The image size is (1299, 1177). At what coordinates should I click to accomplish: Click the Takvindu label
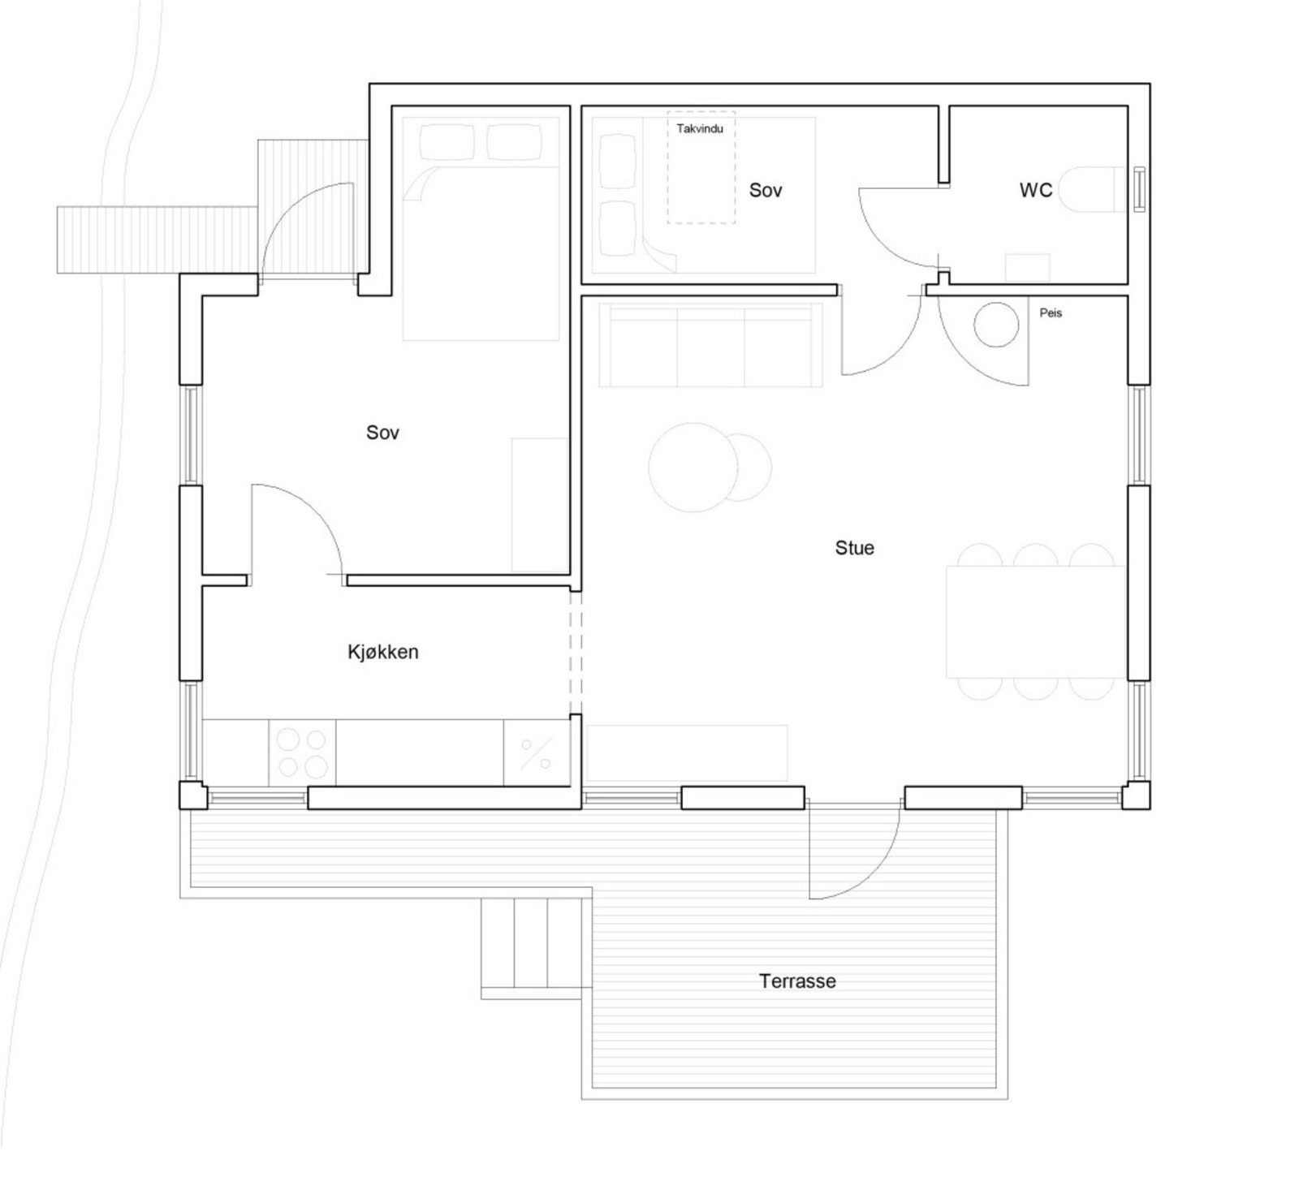click(x=699, y=128)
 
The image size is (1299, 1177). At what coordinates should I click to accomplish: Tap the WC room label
click(x=1035, y=190)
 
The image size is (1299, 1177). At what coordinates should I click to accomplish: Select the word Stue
click(x=854, y=548)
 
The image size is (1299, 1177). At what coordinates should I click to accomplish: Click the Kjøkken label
click(x=382, y=652)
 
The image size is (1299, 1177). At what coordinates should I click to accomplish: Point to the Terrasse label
click(x=797, y=981)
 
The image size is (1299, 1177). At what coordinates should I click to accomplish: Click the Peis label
click(x=1051, y=313)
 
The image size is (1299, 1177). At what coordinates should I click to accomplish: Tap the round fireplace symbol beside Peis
click(x=996, y=325)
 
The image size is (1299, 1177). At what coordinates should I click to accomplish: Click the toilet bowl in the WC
click(x=1096, y=190)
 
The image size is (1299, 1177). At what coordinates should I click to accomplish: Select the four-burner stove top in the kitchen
click(x=302, y=752)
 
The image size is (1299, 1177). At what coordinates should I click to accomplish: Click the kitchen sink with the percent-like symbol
click(x=536, y=753)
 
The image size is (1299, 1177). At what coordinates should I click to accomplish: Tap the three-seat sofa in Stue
click(x=710, y=345)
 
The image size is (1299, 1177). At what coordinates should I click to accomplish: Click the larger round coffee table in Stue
click(x=693, y=467)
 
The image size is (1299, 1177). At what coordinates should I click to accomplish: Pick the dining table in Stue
click(x=1035, y=622)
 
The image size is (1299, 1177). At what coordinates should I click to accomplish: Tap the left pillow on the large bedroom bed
click(x=447, y=143)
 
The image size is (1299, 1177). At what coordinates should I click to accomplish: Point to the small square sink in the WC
click(x=1027, y=268)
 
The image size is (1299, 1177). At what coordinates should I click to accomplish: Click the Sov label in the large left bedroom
click(x=382, y=433)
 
